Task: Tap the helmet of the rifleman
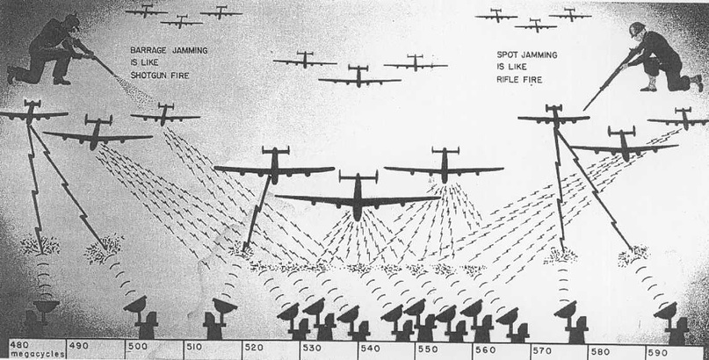pos(638,30)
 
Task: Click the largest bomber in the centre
pos(358,198)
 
